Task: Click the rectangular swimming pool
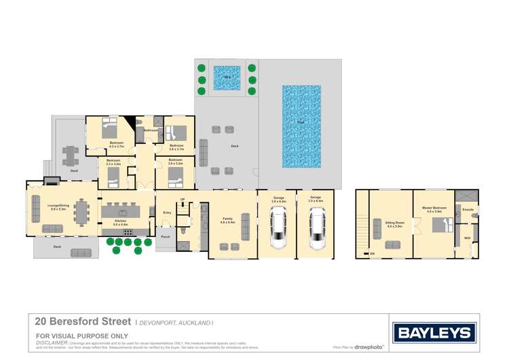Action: [x=301, y=126]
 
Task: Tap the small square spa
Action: [x=227, y=78]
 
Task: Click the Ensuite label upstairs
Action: [x=468, y=210]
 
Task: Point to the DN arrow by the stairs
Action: [x=372, y=253]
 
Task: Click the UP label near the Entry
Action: [x=183, y=200]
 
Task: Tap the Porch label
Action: [x=166, y=237]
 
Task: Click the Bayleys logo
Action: [x=434, y=332]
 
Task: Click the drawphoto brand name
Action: [x=369, y=346]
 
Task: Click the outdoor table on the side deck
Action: [x=71, y=156]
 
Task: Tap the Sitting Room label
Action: [x=394, y=224]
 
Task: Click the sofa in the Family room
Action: [x=245, y=224]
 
